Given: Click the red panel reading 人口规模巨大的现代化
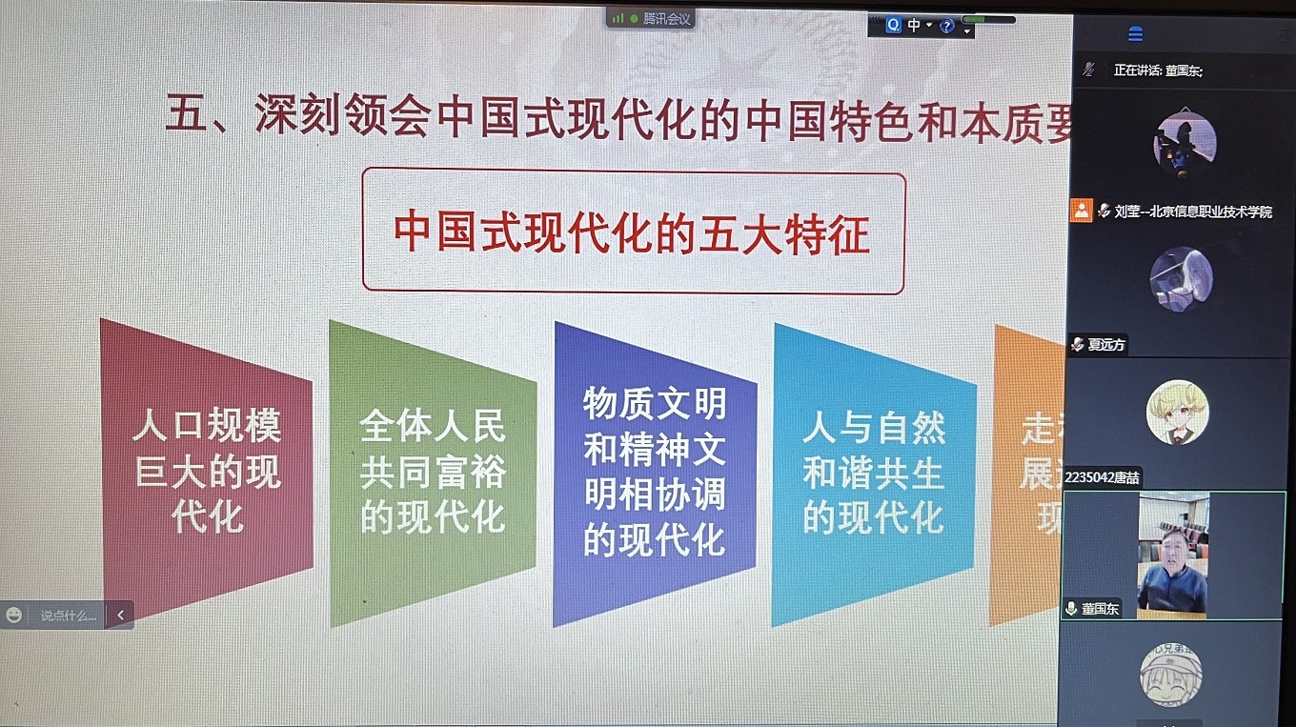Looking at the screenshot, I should click(x=207, y=472).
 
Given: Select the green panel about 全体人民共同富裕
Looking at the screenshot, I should click(x=432, y=473).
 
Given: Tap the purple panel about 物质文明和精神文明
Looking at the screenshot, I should click(x=654, y=473).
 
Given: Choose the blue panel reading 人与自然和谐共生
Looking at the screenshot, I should click(x=873, y=473).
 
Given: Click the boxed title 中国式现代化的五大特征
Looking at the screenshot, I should click(x=633, y=232).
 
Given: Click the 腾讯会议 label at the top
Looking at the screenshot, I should click(x=666, y=18).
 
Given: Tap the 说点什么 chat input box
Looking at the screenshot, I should click(x=69, y=616).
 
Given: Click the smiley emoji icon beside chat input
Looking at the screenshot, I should click(x=14, y=616).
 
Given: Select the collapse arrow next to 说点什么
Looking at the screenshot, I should click(x=120, y=616).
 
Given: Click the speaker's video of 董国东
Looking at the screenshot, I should click(x=1172, y=556).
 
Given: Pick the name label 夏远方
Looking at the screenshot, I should click(x=1105, y=345).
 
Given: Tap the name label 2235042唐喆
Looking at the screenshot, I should click(x=1103, y=477).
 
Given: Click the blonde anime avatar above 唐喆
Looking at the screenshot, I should click(x=1178, y=412).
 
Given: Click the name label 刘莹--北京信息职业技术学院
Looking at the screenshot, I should click(x=1192, y=212).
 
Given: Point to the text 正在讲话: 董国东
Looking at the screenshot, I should click(x=1158, y=71).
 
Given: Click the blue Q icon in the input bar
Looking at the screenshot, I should click(x=893, y=26).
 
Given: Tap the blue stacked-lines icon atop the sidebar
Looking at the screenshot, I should click(x=1135, y=34).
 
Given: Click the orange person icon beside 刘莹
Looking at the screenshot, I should click(x=1081, y=211).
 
